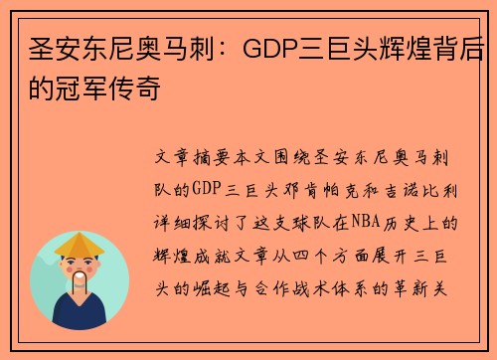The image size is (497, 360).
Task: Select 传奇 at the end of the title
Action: coord(138,89)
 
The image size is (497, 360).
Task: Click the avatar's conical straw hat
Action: coord(80,245)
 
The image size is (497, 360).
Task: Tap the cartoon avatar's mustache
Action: coord(80,280)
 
